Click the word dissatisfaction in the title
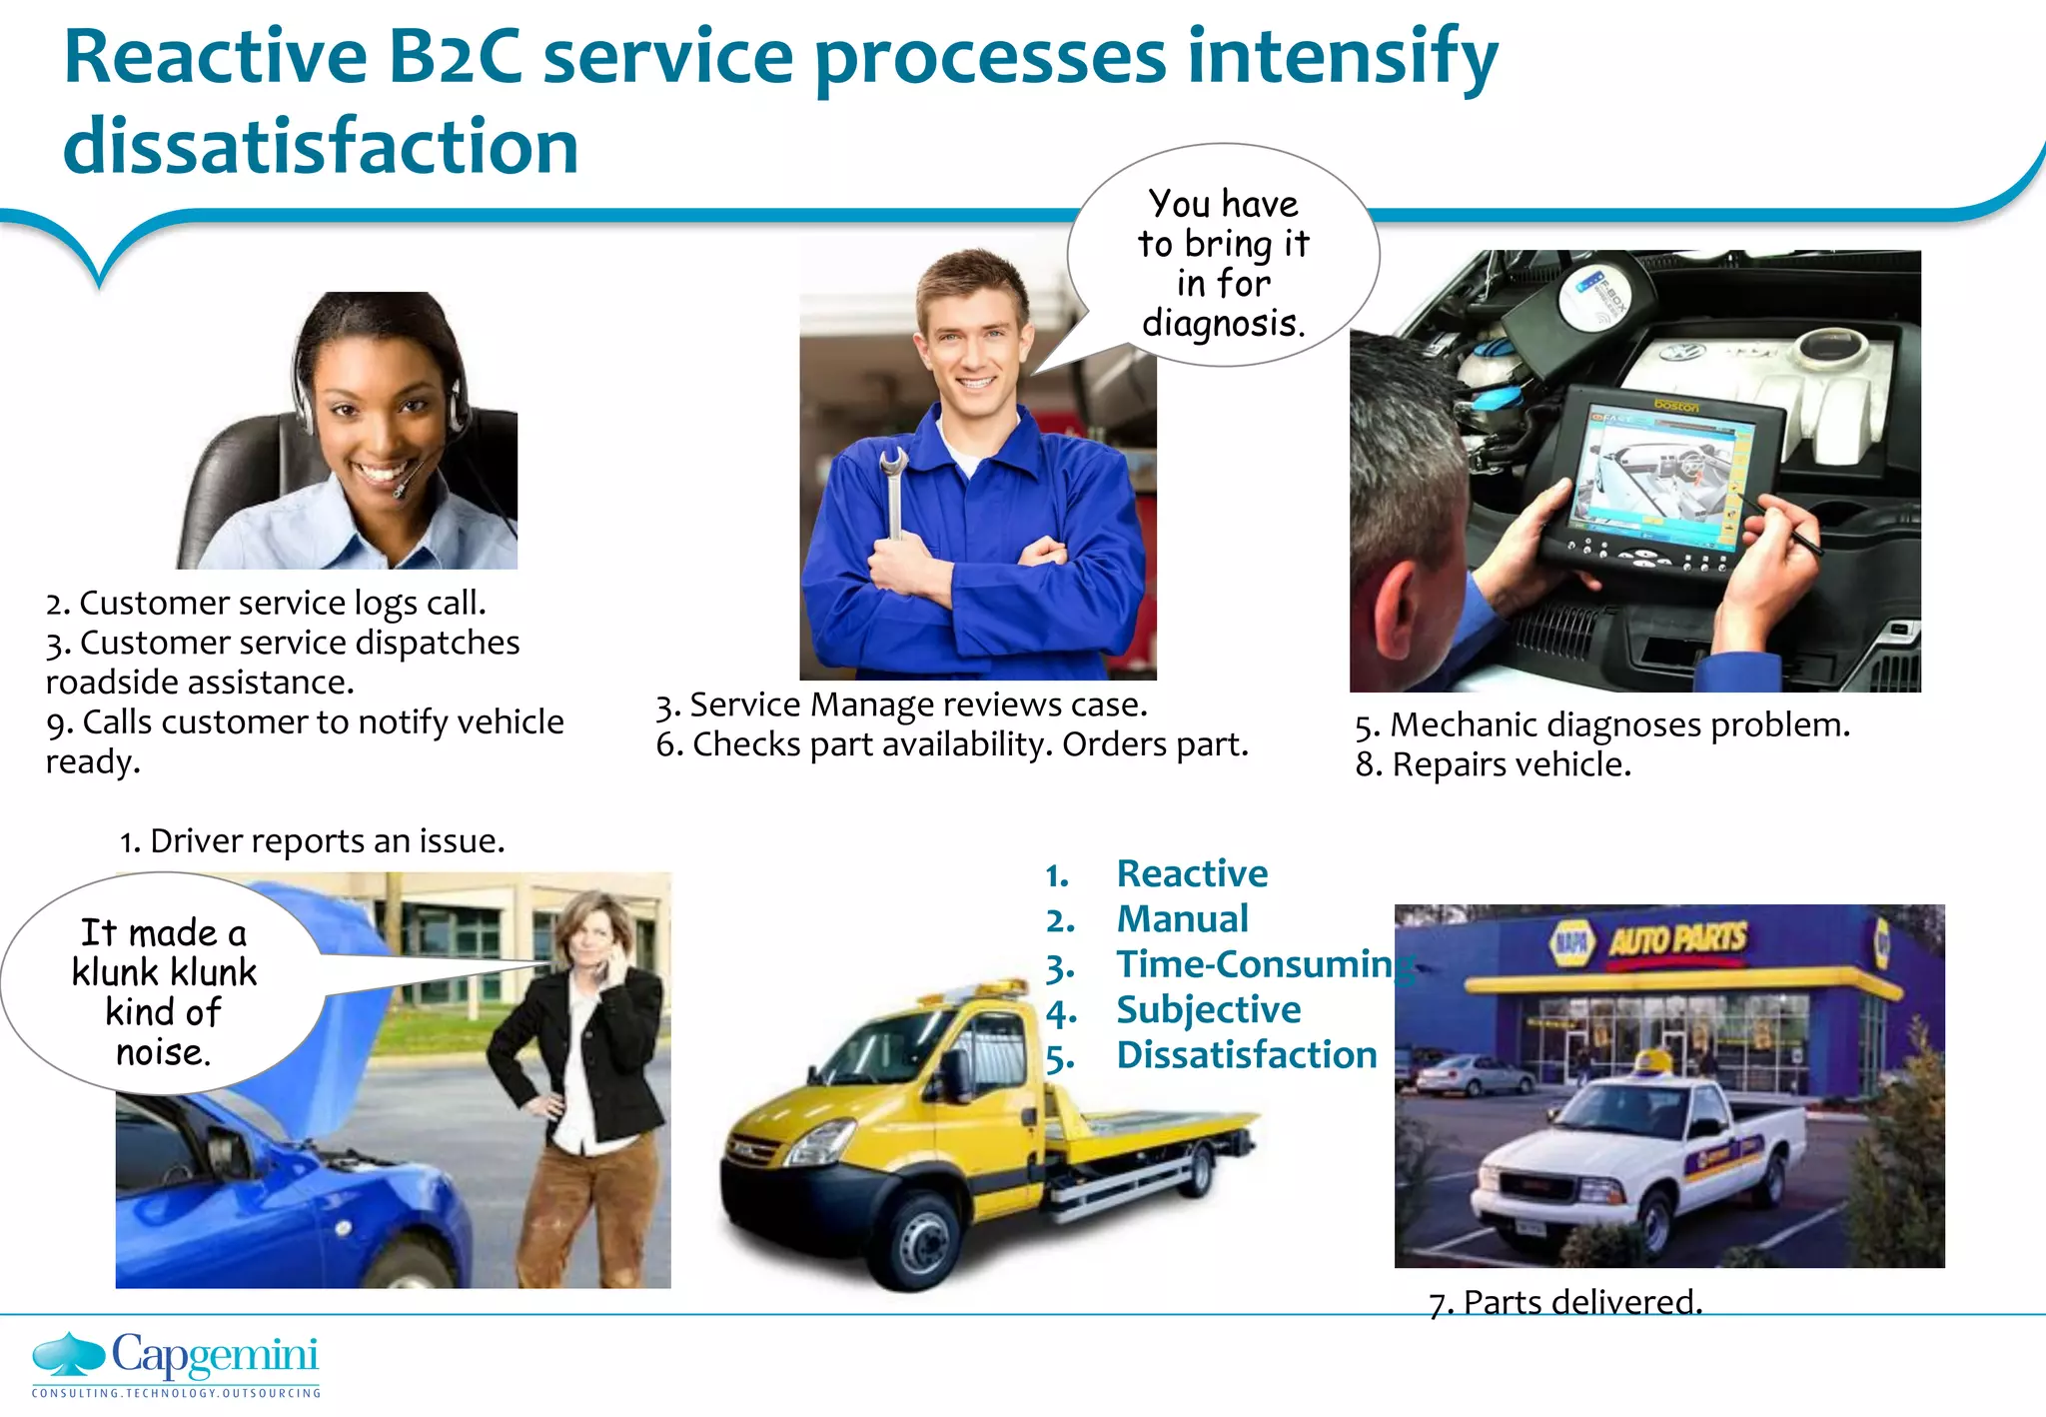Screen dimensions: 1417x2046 point(321,146)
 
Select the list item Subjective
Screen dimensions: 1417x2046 point(1208,1009)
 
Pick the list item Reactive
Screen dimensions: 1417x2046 point(1192,873)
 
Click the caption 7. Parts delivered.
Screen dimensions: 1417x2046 point(1564,1302)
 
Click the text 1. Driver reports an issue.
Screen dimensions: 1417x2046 point(312,841)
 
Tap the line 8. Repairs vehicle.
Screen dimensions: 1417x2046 point(1493,764)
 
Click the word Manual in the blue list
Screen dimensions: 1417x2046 point(1182,918)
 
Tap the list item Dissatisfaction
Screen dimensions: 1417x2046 point(1246,1054)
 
